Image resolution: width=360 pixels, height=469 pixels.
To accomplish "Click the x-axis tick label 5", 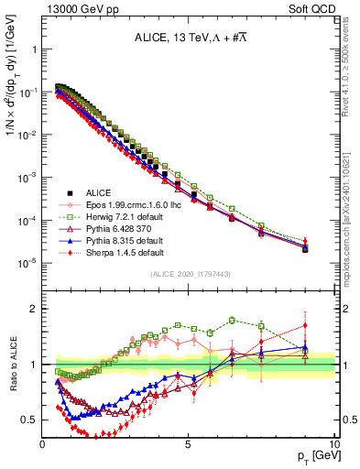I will point(188,443).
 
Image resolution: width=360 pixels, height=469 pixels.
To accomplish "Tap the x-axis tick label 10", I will point(333,443).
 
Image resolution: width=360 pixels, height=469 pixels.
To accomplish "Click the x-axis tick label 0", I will point(43,443).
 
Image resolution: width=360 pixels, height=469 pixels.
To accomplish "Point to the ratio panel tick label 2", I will point(33,309).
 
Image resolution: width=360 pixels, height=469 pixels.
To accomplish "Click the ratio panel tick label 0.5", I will point(29,420).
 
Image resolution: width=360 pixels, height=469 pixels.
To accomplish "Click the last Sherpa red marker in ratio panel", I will point(305,325).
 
